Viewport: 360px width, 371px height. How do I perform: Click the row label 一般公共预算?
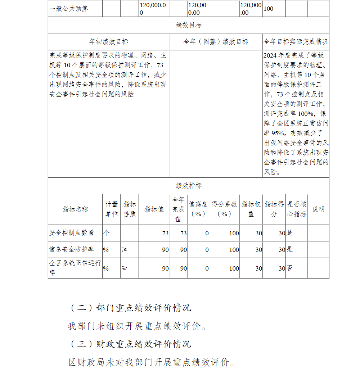[x=68, y=9]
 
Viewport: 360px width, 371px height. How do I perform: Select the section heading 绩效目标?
[x=189, y=25]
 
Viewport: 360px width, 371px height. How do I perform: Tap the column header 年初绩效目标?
[x=108, y=42]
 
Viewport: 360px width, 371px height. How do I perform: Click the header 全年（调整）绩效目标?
[x=216, y=42]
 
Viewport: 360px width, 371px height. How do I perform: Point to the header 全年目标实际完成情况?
[x=296, y=42]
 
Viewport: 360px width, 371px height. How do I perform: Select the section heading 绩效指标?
[x=189, y=186]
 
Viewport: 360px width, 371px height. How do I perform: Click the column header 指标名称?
[x=75, y=209]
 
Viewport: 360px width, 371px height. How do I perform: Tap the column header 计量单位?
[x=111, y=209]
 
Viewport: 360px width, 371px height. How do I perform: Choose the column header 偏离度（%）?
[x=198, y=209]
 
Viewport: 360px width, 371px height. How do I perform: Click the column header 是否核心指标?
[x=296, y=209]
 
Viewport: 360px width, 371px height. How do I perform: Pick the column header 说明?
[x=318, y=209]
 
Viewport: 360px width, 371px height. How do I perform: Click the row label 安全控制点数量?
[x=72, y=233]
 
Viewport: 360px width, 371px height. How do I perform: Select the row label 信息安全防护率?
[x=72, y=249]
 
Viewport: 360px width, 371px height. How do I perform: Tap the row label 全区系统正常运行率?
[x=75, y=268]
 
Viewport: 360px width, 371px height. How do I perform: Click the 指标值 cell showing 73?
[x=165, y=233]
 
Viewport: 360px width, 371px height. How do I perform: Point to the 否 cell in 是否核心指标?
[x=289, y=268]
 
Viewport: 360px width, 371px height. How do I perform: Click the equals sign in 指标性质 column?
[x=125, y=233]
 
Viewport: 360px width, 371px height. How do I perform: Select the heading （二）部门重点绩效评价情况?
[x=130, y=308]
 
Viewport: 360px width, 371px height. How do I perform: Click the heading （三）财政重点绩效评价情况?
[x=130, y=344]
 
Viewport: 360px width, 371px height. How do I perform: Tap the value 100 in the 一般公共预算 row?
[x=268, y=9]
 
